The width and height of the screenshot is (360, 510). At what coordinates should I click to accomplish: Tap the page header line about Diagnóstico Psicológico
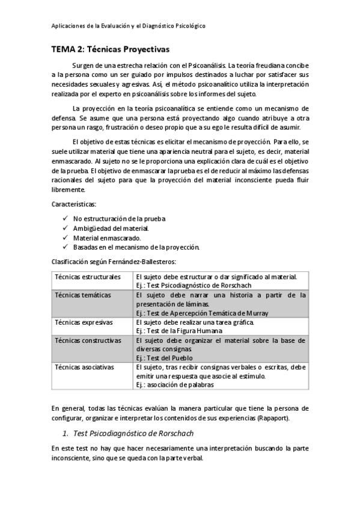(x=128, y=26)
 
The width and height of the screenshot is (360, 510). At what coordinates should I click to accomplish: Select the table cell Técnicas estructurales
(x=87, y=277)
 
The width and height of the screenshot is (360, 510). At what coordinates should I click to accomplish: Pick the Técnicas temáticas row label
(x=83, y=295)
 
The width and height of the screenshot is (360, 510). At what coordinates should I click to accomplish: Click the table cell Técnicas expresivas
(x=84, y=322)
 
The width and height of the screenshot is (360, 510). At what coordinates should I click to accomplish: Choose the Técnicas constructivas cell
(x=88, y=340)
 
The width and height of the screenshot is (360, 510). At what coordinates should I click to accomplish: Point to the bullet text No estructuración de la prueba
(x=119, y=219)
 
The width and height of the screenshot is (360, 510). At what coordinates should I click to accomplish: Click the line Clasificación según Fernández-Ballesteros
(x=114, y=262)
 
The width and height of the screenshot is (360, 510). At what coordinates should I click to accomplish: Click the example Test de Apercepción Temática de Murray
(x=202, y=313)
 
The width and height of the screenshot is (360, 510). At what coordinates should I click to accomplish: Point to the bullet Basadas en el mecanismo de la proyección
(x=136, y=247)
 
